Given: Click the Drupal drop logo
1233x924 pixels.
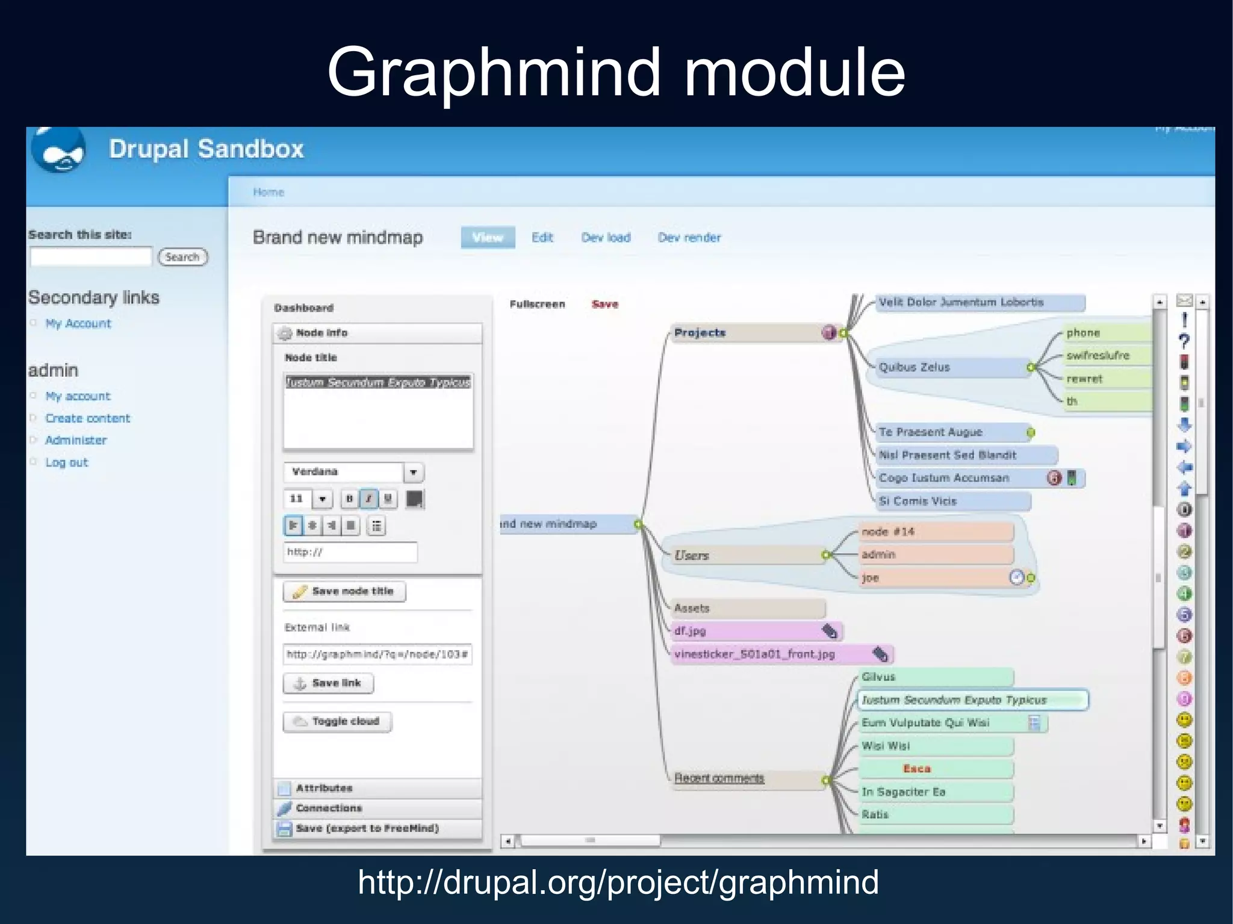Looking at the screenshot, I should (59, 150).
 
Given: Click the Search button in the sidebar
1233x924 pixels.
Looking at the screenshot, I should (182, 257).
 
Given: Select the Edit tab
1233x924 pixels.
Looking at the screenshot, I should (542, 238).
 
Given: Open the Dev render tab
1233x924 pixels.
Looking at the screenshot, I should (689, 238).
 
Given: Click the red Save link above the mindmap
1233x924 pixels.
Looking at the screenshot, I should (604, 305).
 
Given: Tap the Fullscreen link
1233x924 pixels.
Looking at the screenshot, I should (537, 305).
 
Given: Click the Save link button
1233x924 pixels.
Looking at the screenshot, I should (328, 683).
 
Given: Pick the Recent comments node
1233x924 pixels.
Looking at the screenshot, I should (719, 778).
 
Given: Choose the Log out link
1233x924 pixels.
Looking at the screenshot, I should (67, 462).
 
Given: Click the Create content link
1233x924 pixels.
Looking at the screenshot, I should (88, 418).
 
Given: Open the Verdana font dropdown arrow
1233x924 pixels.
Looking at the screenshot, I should (414, 473).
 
